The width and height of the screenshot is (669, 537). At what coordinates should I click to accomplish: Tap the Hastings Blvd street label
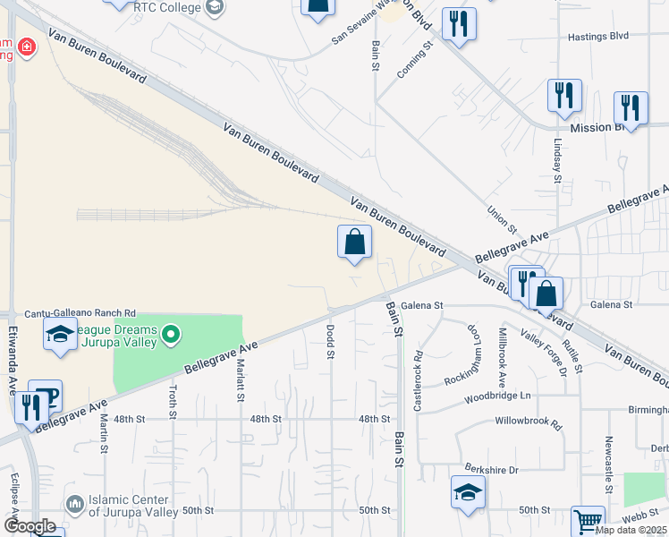(598, 37)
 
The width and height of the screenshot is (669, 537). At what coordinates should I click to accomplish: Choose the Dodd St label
(331, 341)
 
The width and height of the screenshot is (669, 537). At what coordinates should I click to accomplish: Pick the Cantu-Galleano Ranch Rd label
(80, 312)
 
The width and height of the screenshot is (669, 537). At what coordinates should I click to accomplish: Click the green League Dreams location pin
(170, 336)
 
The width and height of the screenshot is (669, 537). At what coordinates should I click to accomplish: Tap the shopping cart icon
(588, 521)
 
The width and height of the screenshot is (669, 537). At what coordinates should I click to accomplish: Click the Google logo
(29, 526)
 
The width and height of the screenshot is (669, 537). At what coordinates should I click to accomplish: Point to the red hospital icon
(27, 46)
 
